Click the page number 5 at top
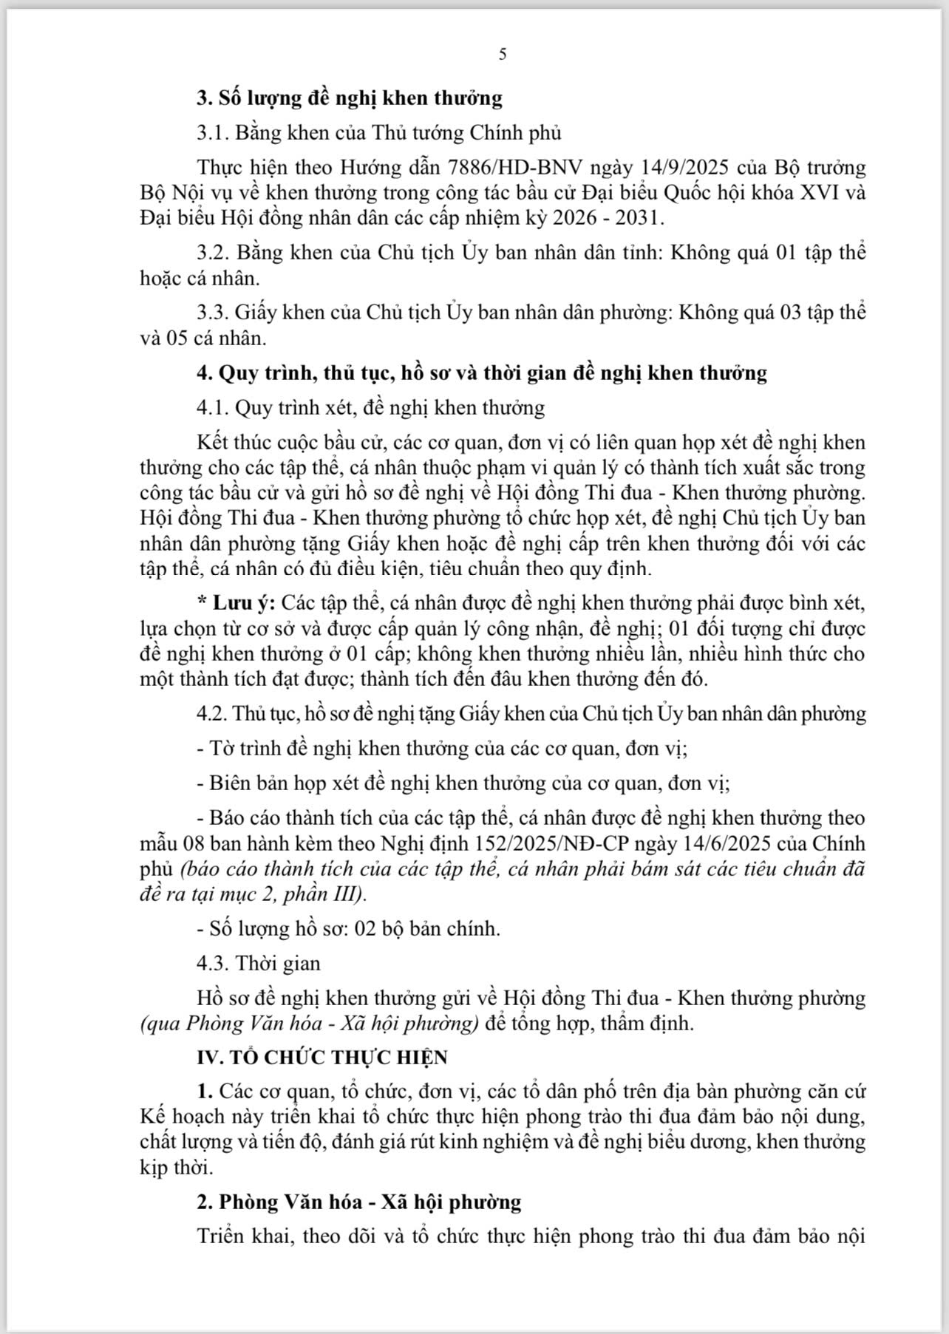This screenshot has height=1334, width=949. click(x=503, y=54)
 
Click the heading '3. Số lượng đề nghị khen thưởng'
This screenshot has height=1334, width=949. click(x=349, y=98)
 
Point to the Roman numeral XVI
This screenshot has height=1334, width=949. click(x=809, y=194)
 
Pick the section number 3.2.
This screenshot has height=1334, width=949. click(x=213, y=252)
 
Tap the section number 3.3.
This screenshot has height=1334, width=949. click(x=213, y=313)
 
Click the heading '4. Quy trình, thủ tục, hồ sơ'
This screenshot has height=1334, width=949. click(x=481, y=372)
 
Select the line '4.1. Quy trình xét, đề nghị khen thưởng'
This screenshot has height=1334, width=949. click(x=370, y=407)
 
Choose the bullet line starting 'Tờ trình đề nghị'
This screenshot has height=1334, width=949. click(x=442, y=748)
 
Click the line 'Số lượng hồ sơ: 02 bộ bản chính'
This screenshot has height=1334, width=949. click(x=348, y=928)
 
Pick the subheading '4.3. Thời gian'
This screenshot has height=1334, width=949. click(x=259, y=963)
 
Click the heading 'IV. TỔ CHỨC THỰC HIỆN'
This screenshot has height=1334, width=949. click(x=322, y=1057)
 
